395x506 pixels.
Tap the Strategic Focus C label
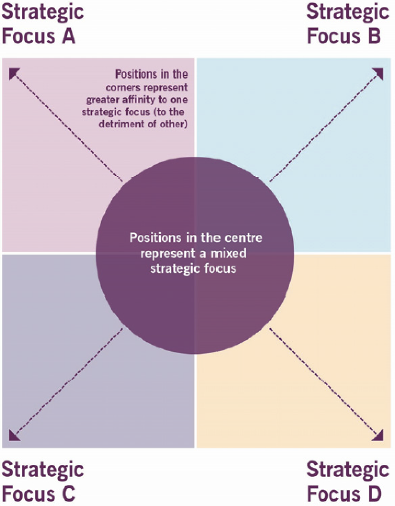tap(43, 482)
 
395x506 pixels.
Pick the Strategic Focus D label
tap(348, 482)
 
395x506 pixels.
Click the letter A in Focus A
tap(68, 36)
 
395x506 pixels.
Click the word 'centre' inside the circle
tap(247, 239)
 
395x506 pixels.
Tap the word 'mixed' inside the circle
tap(233, 253)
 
